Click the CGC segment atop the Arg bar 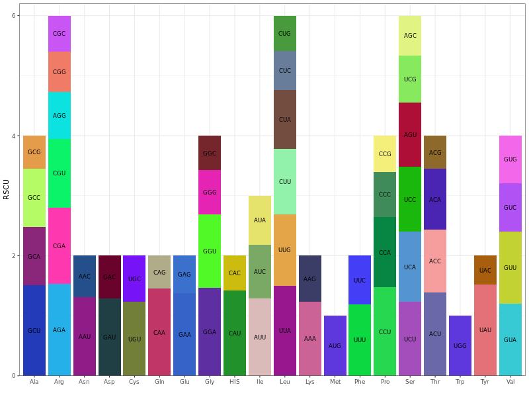coord(60,34)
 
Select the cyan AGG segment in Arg coord(60,115)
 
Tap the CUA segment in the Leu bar coord(285,120)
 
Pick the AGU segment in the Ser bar coord(410,134)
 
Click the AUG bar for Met coord(335,345)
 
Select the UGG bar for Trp coord(460,345)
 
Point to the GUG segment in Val coord(510,159)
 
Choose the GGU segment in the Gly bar coord(210,251)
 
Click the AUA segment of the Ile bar coord(260,220)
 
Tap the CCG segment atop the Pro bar coord(385,154)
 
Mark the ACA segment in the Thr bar coord(435,199)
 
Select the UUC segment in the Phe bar coord(360,280)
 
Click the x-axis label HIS coord(235,382)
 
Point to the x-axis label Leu coord(285,382)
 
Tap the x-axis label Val coord(510,382)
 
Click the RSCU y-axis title coord(7,189)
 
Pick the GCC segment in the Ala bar coord(34,198)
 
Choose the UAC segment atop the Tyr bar coord(485,270)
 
